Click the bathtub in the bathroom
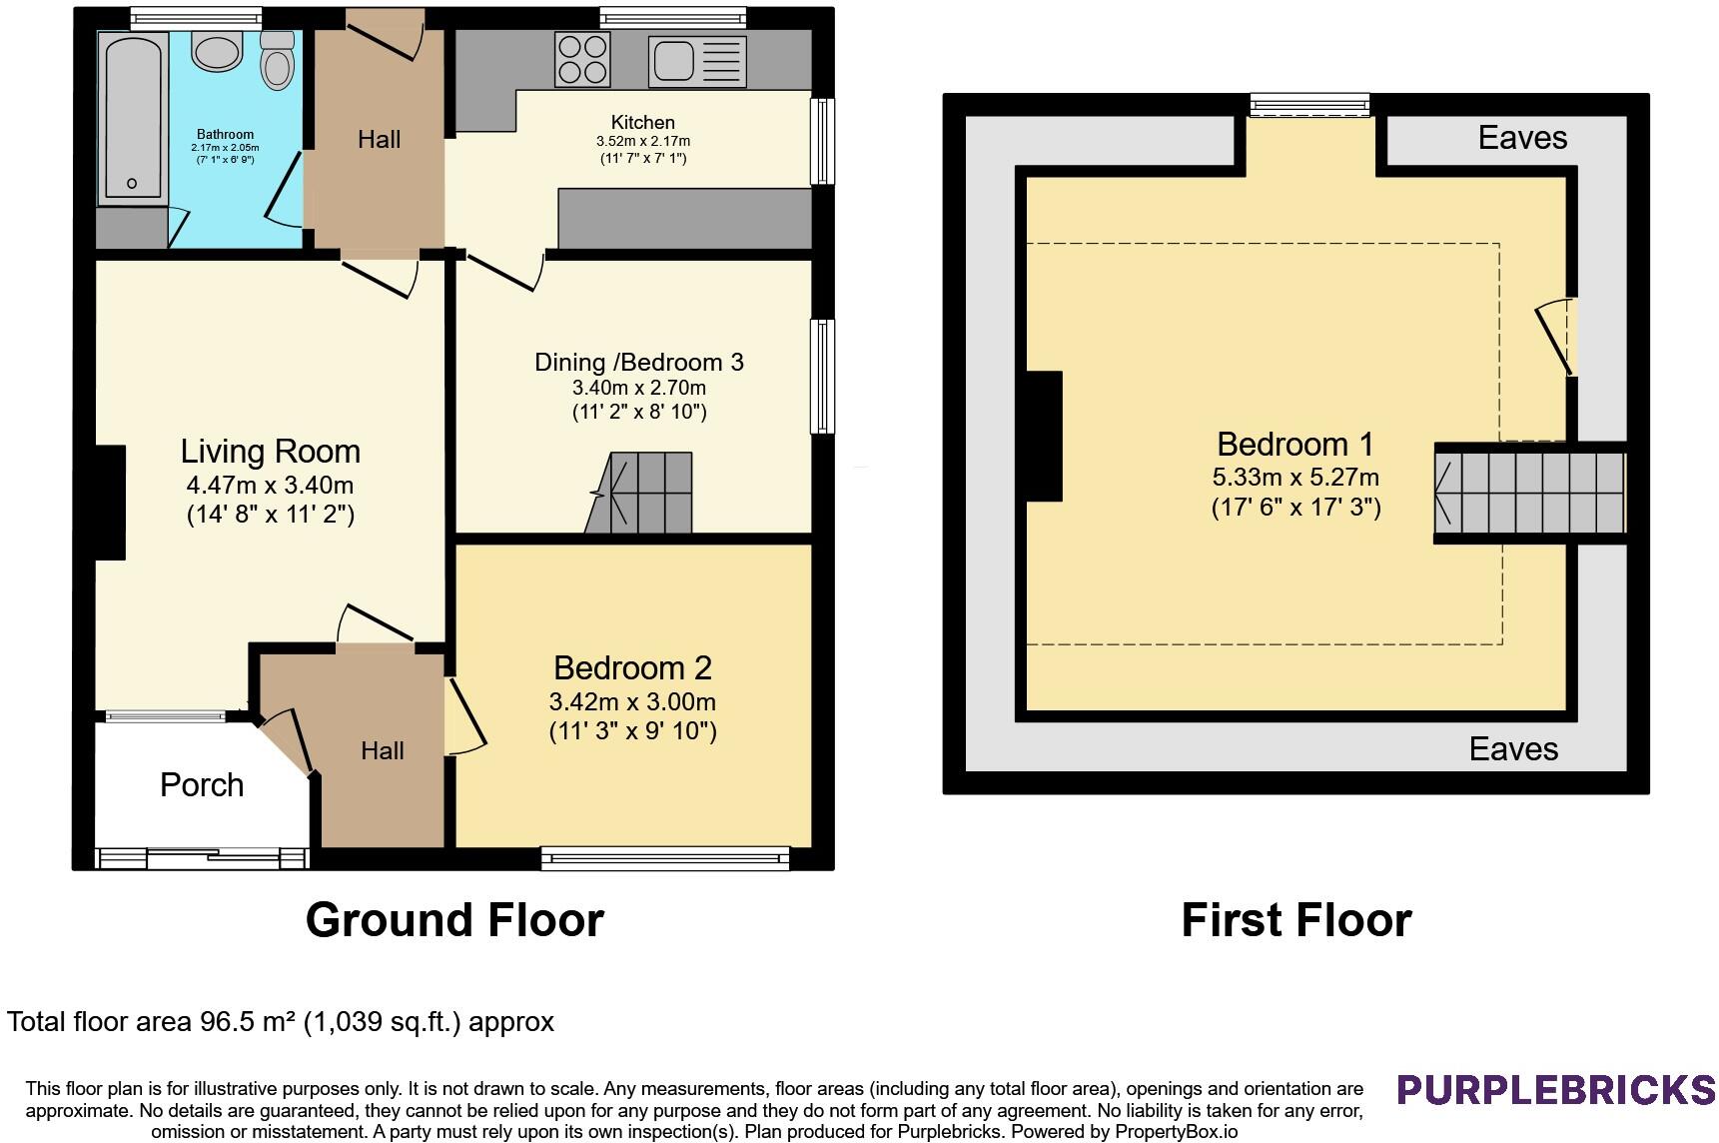tap(132, 117)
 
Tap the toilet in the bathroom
tap(277, 60)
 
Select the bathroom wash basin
tap(218, 51)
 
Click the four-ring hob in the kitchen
tap(582, 59)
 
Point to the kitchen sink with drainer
tap(697, 60)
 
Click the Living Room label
tap(270, 451)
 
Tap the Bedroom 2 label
tap(632, 667)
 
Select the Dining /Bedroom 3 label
tap(639, 362)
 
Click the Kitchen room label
tap(643, 122)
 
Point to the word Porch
tap(202, 785)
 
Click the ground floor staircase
tap(638, 493)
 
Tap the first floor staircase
tap(1530, 493)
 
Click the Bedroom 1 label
tap(1295, 444)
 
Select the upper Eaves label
tap(1522, 138)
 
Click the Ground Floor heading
tap(454, 919)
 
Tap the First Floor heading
tap(1296, 919)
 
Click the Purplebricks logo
tap(1556, 1089)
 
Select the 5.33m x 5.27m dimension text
tap(1295, 478)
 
